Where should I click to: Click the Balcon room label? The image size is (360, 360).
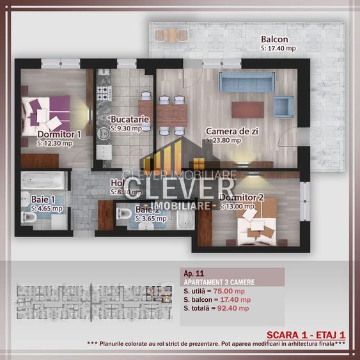tap(274, 39)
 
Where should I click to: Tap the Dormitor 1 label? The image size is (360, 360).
tap(59, 134)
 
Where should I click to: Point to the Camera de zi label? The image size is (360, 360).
tap(231, 131)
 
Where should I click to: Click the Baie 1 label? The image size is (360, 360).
tap(43, 200)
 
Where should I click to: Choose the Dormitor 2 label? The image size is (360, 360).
tap(241, 198)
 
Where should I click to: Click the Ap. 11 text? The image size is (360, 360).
tap(193, 272)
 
